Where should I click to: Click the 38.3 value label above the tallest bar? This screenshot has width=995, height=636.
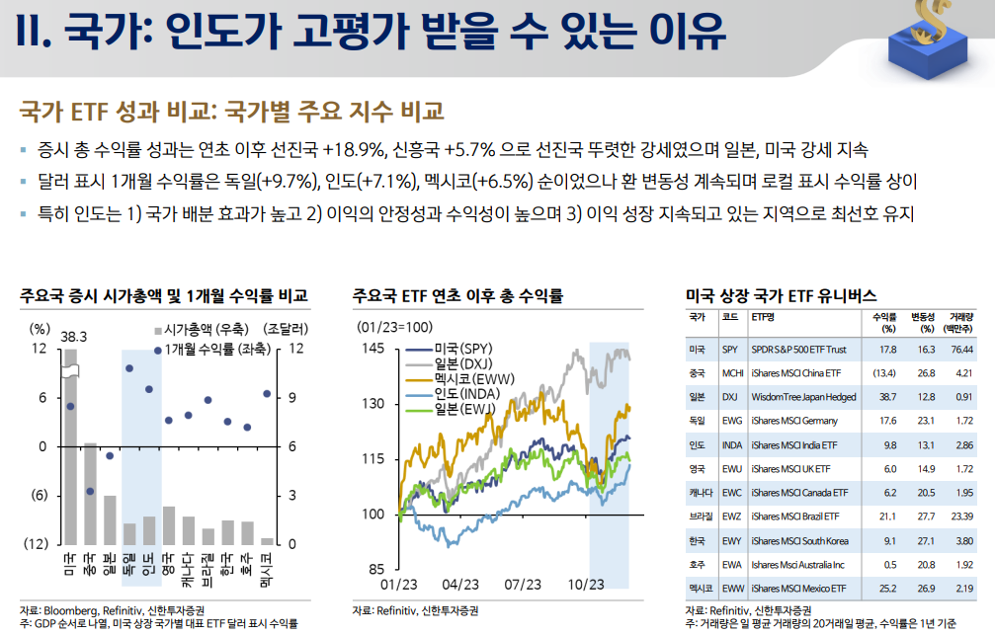pos(73,337)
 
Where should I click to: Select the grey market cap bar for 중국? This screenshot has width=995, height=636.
pos(90,494)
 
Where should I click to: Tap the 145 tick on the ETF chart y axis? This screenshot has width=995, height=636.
pos(373,348)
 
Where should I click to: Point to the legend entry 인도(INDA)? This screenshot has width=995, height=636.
pos(467,394)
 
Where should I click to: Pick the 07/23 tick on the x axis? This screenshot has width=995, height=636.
pos(523,584)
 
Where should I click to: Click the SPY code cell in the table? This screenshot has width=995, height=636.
pos(730,350)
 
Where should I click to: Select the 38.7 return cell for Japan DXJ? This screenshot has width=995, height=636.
pos(887,397)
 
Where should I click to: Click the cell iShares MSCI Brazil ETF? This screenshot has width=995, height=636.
pos(795,517)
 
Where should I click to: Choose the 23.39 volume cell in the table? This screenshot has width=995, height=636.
pos(962,517)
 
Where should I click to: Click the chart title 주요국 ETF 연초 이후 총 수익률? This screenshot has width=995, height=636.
pos(457,295)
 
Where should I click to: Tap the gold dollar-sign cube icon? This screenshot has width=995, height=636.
pos(930,40)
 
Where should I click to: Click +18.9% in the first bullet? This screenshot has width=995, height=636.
pos(354,150)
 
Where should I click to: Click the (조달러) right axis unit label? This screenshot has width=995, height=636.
pos(286,329)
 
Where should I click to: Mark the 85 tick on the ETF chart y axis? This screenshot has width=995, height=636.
pos(376,569)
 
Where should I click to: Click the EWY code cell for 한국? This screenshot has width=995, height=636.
pos(731,541)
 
